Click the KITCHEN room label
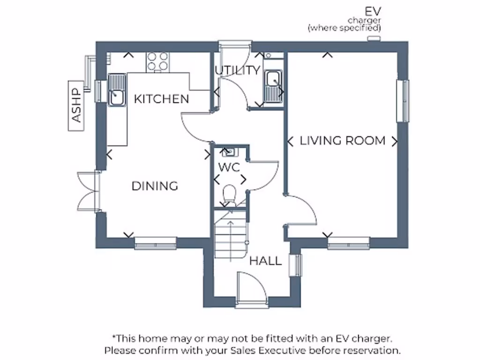point(161,99)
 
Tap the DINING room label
point(155,186)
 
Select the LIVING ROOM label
point(343,141)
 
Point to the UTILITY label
point(237,70)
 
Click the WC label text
point(229,167)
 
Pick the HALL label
point(265,261)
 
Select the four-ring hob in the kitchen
point(157,61)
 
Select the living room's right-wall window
point(403,101)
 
